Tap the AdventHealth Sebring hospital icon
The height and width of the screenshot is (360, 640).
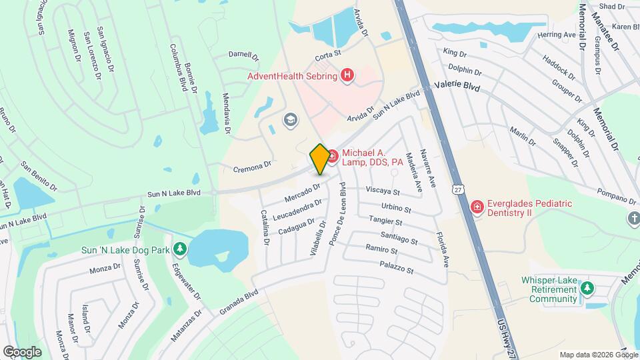pos(347,75)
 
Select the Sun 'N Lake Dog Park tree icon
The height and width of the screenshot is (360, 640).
pos(179,249)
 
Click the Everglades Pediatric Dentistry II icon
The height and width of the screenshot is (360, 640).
pos(477,208)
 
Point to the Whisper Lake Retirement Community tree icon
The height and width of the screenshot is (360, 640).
pos(587,288)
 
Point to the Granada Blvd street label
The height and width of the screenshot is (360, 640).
pos(238,302)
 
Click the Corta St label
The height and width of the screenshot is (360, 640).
pos(328,52)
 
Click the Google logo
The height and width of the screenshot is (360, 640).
pos(22,351)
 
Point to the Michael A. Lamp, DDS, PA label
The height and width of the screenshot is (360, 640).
pos(372,157)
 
